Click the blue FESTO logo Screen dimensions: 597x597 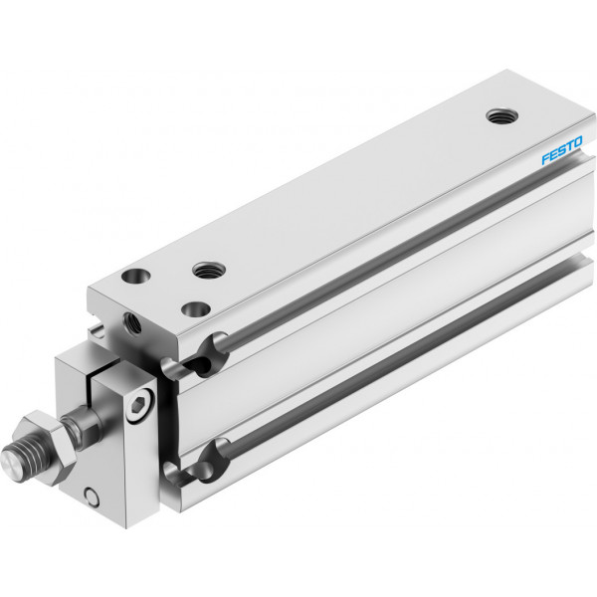point(562,150)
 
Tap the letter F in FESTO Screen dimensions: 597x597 point(546,158)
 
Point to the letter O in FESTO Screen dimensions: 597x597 point(577,142)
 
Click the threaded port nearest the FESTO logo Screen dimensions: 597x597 point(502,115)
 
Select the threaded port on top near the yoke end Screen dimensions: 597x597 point(209,270)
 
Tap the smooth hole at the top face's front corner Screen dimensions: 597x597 point(135,276)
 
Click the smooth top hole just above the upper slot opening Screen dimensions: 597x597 point(196,309)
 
